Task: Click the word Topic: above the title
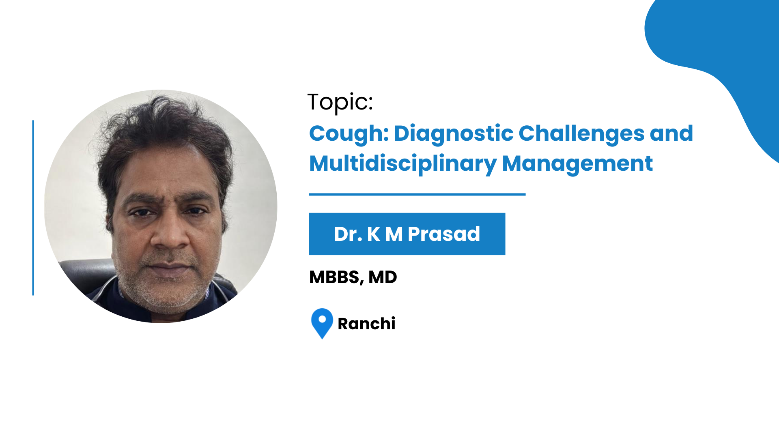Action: [340, 102]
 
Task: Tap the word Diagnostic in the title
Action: [454, 134]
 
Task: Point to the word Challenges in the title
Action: [581, 134]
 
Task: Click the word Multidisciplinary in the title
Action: [403, 164]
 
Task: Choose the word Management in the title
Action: [577, 164]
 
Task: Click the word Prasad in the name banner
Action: [444, 234]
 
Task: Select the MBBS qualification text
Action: [336, 277]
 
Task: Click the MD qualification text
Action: [383, 277]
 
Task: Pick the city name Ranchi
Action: [366, 324]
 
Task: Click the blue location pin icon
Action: [322, 323]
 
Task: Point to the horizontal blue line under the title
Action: [417, 195]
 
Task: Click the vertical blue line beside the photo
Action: [33, 208]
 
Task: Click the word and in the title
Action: [671, 133]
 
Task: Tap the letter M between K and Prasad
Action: [394, 234]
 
